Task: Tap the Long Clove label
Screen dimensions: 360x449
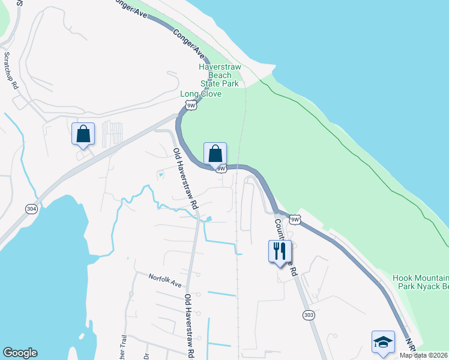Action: [201, 94]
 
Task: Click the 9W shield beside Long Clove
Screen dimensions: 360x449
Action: [191, 106]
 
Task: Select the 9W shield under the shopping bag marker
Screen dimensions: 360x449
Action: [221, 169]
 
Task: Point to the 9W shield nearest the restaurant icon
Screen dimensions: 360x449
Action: [295, 220]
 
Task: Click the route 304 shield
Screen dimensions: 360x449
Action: [31, 209]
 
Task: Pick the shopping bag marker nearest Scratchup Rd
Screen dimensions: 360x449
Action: [83, 134]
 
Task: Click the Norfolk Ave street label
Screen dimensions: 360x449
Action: [164, 280]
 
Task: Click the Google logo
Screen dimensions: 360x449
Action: [20, 353]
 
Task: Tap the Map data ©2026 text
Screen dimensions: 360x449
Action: [424, 355]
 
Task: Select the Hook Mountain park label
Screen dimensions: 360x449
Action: [420, 283]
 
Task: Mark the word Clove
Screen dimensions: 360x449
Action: [211, 94]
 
